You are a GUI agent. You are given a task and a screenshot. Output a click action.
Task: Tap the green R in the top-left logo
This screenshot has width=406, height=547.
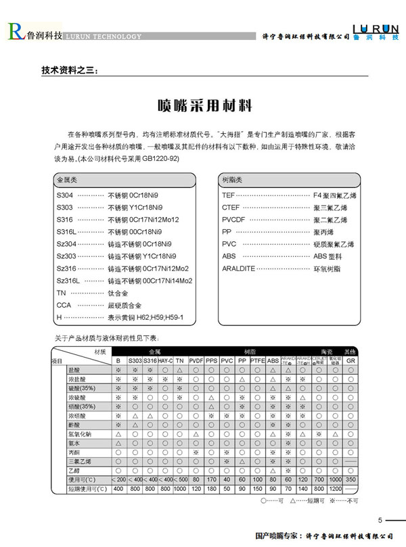tap(14, 30)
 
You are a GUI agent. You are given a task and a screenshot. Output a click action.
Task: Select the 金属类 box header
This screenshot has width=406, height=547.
tap(68, 180)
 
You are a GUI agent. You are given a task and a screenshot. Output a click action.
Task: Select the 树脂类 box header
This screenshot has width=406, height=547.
tap(233, 180)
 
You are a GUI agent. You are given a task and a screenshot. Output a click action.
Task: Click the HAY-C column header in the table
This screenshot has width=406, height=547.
tap(165, 361)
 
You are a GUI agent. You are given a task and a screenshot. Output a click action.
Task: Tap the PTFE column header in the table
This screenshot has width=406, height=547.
tap(257, 361)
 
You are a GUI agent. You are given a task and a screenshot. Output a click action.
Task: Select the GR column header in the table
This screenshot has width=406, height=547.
tap(351, 361)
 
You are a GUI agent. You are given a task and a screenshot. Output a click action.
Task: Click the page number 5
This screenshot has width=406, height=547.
tap(380, 520)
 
